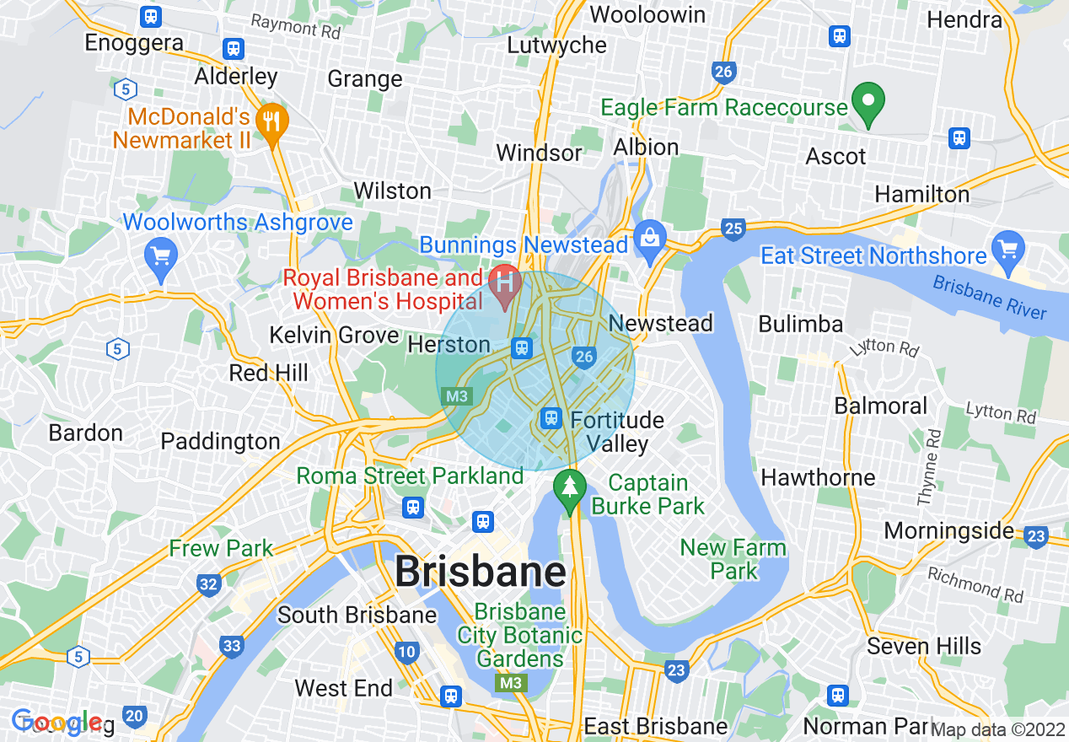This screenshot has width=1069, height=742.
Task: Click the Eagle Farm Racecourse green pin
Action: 868,104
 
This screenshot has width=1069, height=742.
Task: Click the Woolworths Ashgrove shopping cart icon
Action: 159,254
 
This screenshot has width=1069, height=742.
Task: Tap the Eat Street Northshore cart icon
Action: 1008,249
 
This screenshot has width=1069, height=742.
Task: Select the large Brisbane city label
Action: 481,573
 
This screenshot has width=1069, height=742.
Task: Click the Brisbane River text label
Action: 990,298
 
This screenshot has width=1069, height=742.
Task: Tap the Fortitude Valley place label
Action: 617,432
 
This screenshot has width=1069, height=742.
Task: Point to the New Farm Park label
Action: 733,559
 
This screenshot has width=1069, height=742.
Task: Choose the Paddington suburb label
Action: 220,441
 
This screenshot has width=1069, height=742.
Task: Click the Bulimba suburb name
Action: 800,324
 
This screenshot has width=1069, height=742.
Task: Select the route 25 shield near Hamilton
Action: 733,228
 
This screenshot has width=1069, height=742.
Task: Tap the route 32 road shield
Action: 209,583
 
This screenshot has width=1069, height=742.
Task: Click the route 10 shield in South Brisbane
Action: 406,651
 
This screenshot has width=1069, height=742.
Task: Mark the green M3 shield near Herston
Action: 458,395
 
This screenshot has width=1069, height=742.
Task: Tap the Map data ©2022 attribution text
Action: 998,730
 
